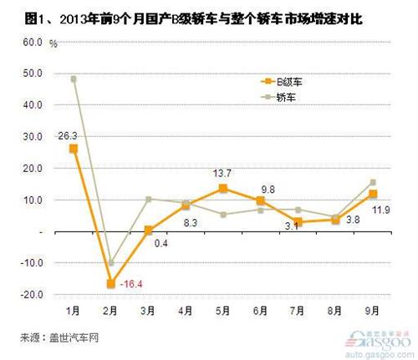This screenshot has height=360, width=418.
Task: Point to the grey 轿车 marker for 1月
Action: click(x=74, y=79)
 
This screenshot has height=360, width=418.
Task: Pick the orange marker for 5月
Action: click(x=222, y=189)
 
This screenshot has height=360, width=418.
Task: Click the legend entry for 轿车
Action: click(x=280, y=97)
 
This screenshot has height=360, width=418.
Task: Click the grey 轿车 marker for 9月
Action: click(x=372, y=182)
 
